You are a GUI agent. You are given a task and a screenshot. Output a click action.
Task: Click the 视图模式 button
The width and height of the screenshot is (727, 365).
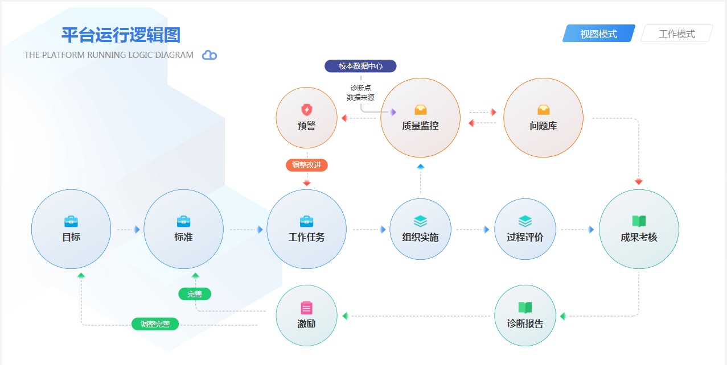pos(598,34)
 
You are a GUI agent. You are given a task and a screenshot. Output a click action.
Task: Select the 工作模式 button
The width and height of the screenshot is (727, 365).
pos(676,34)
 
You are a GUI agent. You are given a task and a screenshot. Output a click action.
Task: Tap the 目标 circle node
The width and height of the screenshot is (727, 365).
pos(71,229)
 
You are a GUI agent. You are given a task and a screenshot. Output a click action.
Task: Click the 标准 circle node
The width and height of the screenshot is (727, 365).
pos(183,229)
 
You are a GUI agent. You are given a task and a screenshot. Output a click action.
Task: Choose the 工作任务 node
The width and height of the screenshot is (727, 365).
pos(306,229)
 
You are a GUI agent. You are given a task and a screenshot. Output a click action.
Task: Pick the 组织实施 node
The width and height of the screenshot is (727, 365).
pos(420,229)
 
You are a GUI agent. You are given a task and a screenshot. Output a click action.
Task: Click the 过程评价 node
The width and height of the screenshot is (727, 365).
pos(525,229)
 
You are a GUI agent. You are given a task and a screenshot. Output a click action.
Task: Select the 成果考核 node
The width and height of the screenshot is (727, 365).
pos(639,229)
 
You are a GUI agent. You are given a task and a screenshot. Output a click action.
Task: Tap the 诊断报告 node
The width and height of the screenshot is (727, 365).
pos(525,316)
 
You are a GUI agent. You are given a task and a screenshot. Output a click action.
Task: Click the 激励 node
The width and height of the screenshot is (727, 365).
pos(306,316)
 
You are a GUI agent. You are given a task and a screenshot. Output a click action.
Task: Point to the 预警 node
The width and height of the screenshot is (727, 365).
pos(306,118)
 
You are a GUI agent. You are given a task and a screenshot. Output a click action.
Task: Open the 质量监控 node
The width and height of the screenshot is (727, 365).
pos(420,118)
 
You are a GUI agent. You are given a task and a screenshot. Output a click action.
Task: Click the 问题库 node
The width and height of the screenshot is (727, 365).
pos(543,118)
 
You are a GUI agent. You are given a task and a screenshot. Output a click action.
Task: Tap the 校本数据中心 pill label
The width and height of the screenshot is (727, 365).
pos(360,66)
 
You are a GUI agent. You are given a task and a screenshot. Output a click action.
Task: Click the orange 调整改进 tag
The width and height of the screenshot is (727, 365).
pos(307,165)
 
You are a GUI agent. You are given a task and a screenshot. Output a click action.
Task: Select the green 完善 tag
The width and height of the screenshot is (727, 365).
pos(195,294)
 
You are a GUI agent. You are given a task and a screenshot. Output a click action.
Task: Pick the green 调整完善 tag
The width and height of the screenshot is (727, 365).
pos(155,324)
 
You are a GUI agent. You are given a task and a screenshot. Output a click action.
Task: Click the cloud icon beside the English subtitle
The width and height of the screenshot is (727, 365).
pos(210,55)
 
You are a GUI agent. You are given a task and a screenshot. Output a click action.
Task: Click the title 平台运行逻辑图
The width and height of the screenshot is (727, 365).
pos(121,35)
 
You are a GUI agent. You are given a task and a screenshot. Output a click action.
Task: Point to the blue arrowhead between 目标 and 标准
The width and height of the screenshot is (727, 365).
pos(137,230)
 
